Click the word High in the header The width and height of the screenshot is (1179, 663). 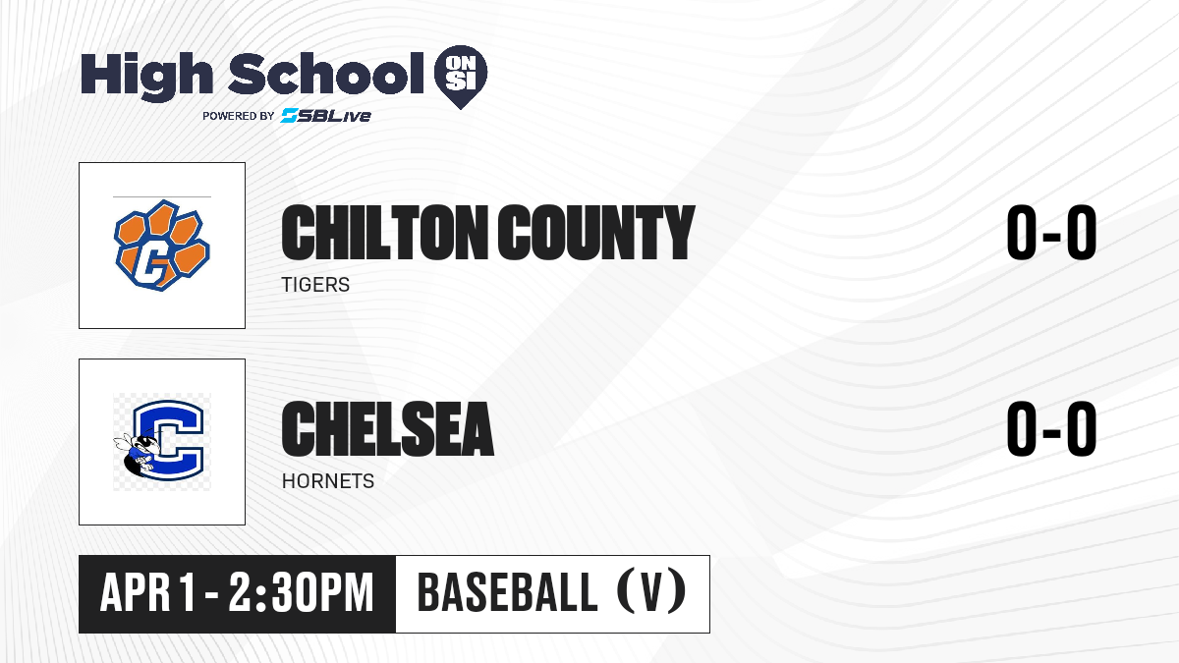click(x=147, y=77)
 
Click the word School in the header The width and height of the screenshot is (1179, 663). click(x=326, y=74)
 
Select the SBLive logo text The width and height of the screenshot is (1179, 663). click(x=326, y=116)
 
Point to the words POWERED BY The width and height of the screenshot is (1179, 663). click(x=239, y=116)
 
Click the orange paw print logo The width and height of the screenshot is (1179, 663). click(x=162, y=246)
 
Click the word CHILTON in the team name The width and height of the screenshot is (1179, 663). click(x=385, y=233)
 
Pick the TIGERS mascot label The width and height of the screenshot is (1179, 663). click(x=315, y=285)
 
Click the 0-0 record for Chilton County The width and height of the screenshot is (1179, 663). click(x=1051, y=233)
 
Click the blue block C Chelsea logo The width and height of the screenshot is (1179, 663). click(x=167, y=441)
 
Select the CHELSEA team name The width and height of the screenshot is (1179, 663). click(x=388, y=429)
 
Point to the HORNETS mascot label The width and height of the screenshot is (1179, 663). click(x=328, y=481)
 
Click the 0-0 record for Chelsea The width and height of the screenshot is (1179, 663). click(x=1051, y=429)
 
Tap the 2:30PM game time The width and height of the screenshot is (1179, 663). click(x=301, y=593)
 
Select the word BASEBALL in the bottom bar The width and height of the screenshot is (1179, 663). click(x=507, y=593)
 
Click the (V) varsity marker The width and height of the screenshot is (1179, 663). click(x=651, y=592)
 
